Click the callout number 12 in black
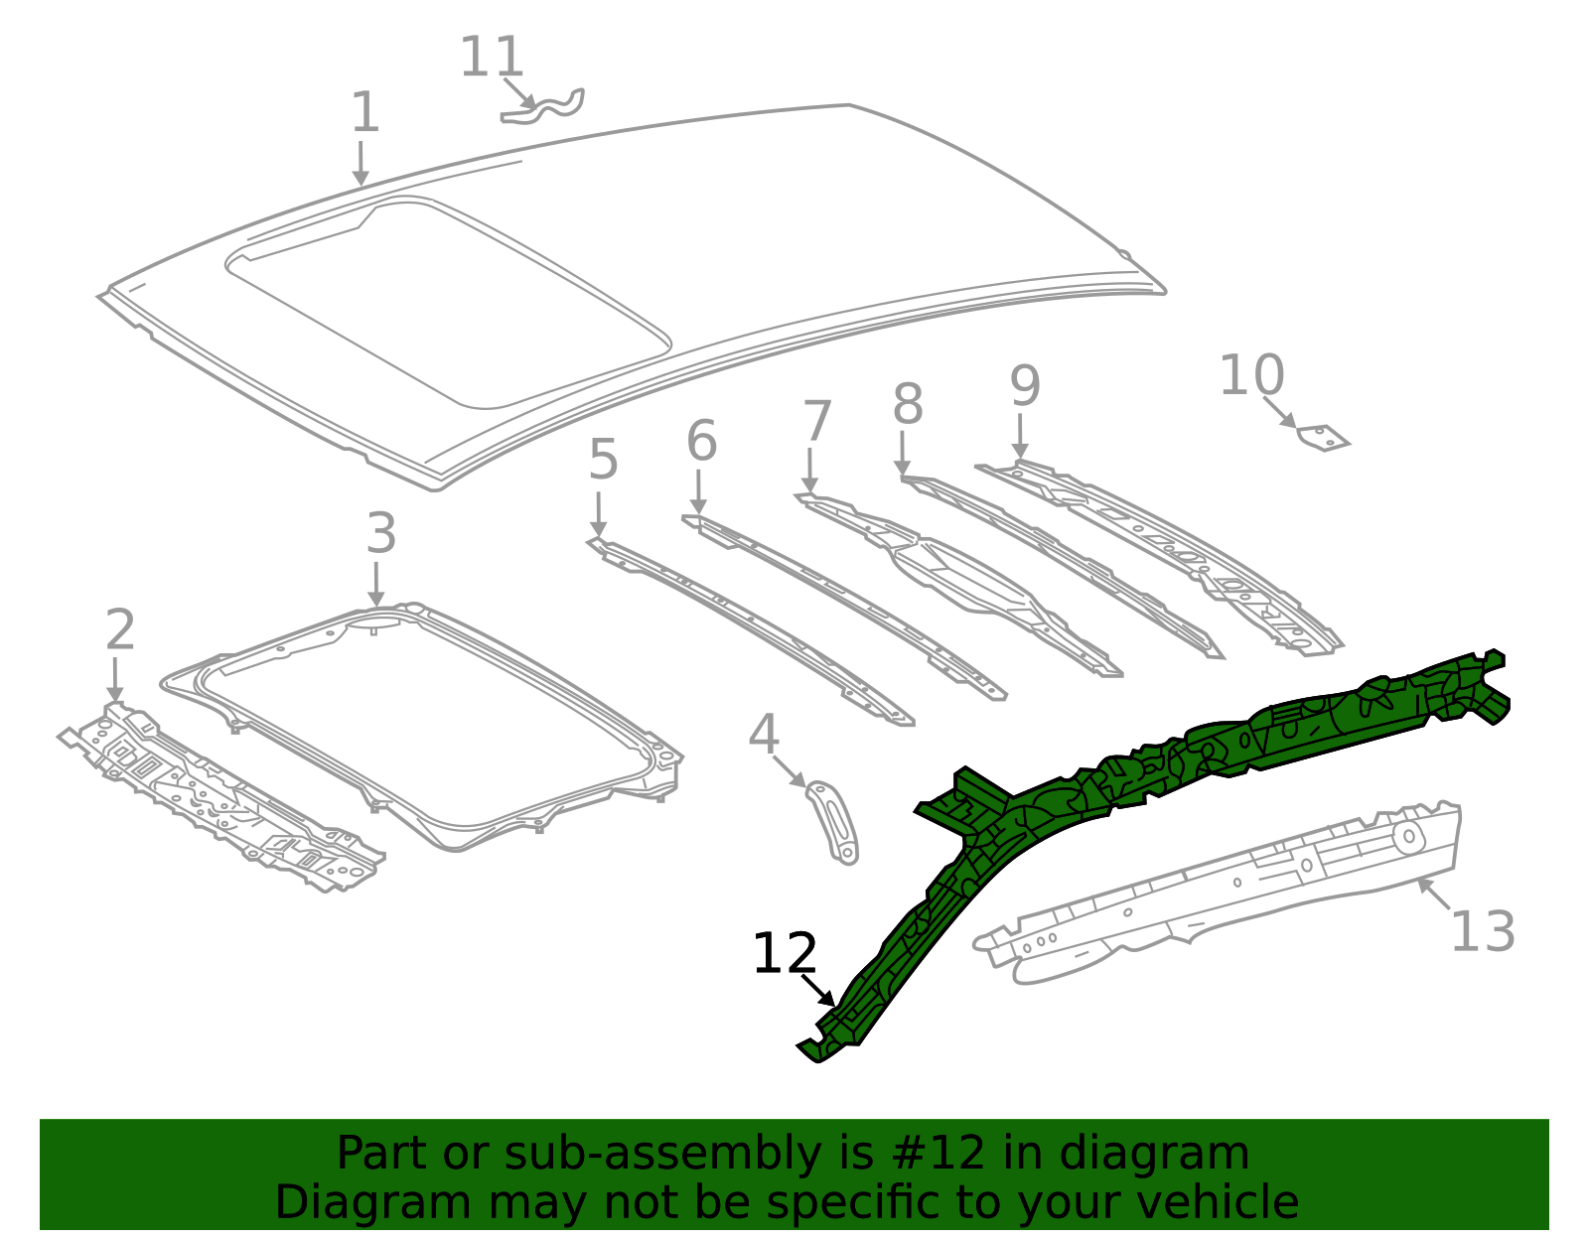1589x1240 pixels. (785, 954)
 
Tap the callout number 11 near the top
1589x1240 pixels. (492, 58)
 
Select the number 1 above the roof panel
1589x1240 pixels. (364, 113)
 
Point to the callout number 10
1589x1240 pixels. (1251, 376)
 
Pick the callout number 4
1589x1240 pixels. (763, 736)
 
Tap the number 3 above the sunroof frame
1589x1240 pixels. (381, 534)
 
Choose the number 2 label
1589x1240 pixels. (120, 630)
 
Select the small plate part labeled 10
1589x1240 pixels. (1324, 438)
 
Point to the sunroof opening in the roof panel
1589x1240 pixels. (447, 298)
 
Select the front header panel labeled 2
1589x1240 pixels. (218, 794)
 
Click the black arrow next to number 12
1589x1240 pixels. (818, 990)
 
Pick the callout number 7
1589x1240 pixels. (816, 422)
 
